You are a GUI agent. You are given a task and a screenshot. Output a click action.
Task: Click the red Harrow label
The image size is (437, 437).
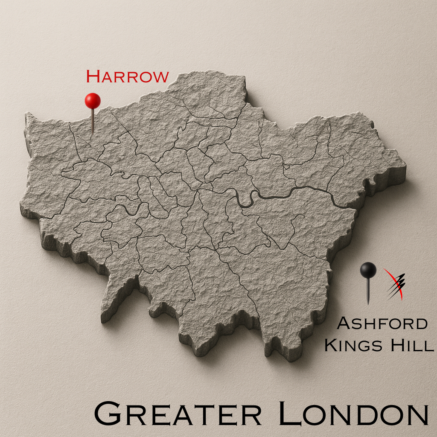pos(127,77)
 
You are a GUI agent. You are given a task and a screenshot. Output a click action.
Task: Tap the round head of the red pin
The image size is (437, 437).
pos(93,101)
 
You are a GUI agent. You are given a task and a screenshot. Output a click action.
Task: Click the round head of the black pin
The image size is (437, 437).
pos(368,270)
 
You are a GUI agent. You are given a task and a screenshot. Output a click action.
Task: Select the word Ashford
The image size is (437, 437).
pos(382,323)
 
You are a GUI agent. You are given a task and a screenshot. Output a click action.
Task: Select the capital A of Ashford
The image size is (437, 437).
pos(344,323)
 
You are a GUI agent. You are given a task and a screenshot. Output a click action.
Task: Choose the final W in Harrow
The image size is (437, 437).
pos(160,77)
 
